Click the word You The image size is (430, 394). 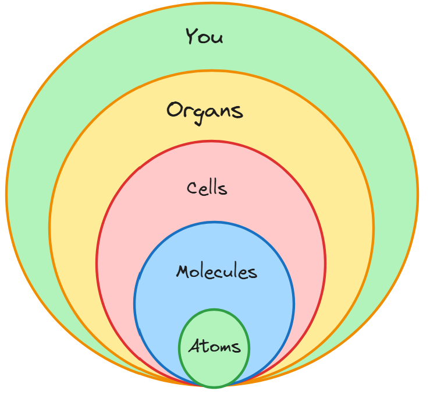(204, 37)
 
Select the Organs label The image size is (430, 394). (204, 110)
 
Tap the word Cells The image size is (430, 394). (207, 188)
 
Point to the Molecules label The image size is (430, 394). (216, 272)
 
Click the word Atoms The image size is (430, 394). (214, 347)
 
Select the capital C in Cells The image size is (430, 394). (192, 188)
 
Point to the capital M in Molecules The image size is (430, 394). (183, 272)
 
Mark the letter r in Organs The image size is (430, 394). (186, 111)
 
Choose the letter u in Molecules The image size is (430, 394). (228, 273)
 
